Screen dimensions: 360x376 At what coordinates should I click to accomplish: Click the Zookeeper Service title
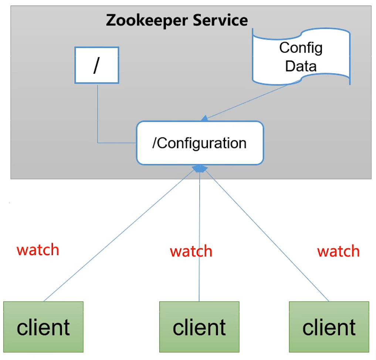[177, 20]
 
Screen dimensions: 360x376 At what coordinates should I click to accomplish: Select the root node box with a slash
[96, 65]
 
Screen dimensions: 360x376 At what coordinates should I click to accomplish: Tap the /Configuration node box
[200, 143]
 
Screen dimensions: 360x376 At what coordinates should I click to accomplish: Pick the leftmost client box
[43, 327]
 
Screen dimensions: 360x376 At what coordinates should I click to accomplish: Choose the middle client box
[199, 327]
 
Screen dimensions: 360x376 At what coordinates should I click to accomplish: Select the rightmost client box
[329, 327]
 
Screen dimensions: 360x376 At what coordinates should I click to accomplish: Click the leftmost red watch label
[38, 250]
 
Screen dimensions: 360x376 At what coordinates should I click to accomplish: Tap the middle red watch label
[191, 252]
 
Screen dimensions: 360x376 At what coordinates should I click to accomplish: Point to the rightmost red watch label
[338, 251]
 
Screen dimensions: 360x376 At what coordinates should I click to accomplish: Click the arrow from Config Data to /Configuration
[248, 101]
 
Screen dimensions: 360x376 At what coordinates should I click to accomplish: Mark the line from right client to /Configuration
[266, 235]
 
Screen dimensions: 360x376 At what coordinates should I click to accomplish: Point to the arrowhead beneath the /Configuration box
[200, 169]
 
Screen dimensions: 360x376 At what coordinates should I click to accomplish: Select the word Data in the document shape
[301, 66]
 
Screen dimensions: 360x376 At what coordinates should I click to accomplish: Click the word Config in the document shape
[301, 48]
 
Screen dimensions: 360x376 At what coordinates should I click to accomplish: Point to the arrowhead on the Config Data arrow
[204, 118]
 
